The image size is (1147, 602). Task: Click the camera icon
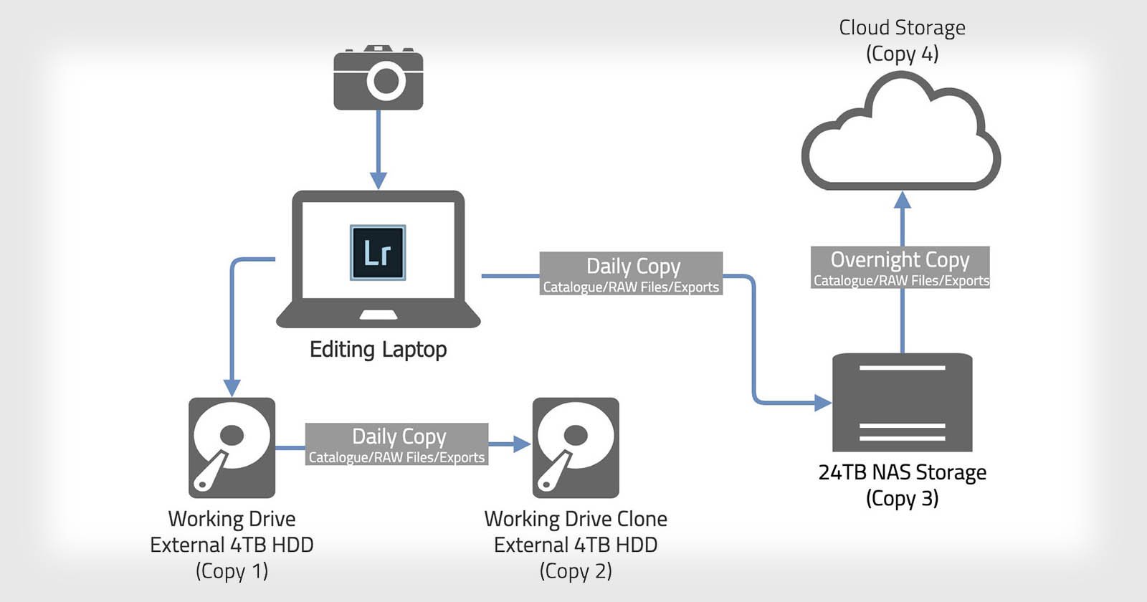point(378,79)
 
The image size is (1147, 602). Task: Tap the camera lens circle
point(386,81)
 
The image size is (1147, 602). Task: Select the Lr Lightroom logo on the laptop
point(378,252)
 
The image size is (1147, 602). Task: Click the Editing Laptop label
point(378,350)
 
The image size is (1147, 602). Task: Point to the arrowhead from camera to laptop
point(378,180)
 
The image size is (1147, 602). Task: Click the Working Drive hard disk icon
point(232,448)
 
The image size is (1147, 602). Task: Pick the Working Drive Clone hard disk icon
point(576,448)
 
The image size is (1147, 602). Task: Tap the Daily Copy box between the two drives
point(396,444)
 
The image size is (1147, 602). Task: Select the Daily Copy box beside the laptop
point(631,273)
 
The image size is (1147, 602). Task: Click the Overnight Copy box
point(900,267)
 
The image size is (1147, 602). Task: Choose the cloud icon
point(901,136)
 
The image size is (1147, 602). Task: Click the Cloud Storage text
point(902,28)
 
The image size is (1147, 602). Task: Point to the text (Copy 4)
point(902,54)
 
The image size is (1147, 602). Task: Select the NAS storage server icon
point(902,402)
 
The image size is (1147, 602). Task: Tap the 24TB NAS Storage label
point(902,473)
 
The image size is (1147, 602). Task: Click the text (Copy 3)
point(902,499)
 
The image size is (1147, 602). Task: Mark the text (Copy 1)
point(232,571)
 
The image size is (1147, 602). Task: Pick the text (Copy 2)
point(576,571)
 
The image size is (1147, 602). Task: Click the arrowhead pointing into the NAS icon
point(823,403)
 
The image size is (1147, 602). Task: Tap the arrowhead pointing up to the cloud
point(903,200)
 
